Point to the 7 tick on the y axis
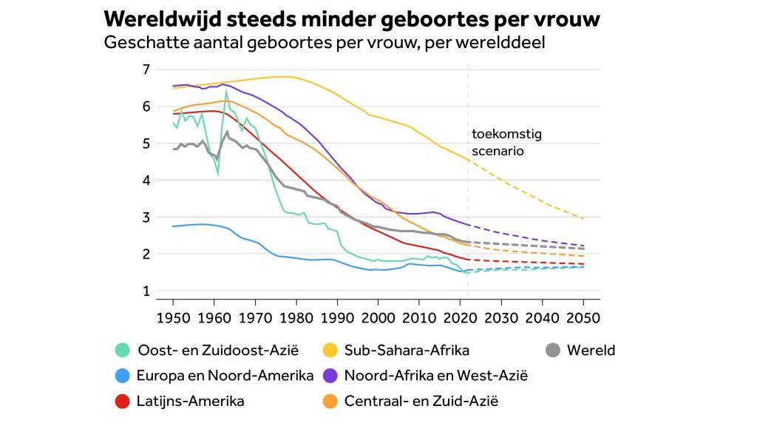coord(146,70)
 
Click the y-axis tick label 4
coord(146,180)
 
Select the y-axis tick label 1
coord(146,291)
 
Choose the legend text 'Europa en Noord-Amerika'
coord(225,376)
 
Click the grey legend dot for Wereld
coord(553,351)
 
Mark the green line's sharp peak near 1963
coord(226,91)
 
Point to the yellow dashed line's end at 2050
coord(583,219)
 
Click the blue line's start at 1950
coord(173,226)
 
